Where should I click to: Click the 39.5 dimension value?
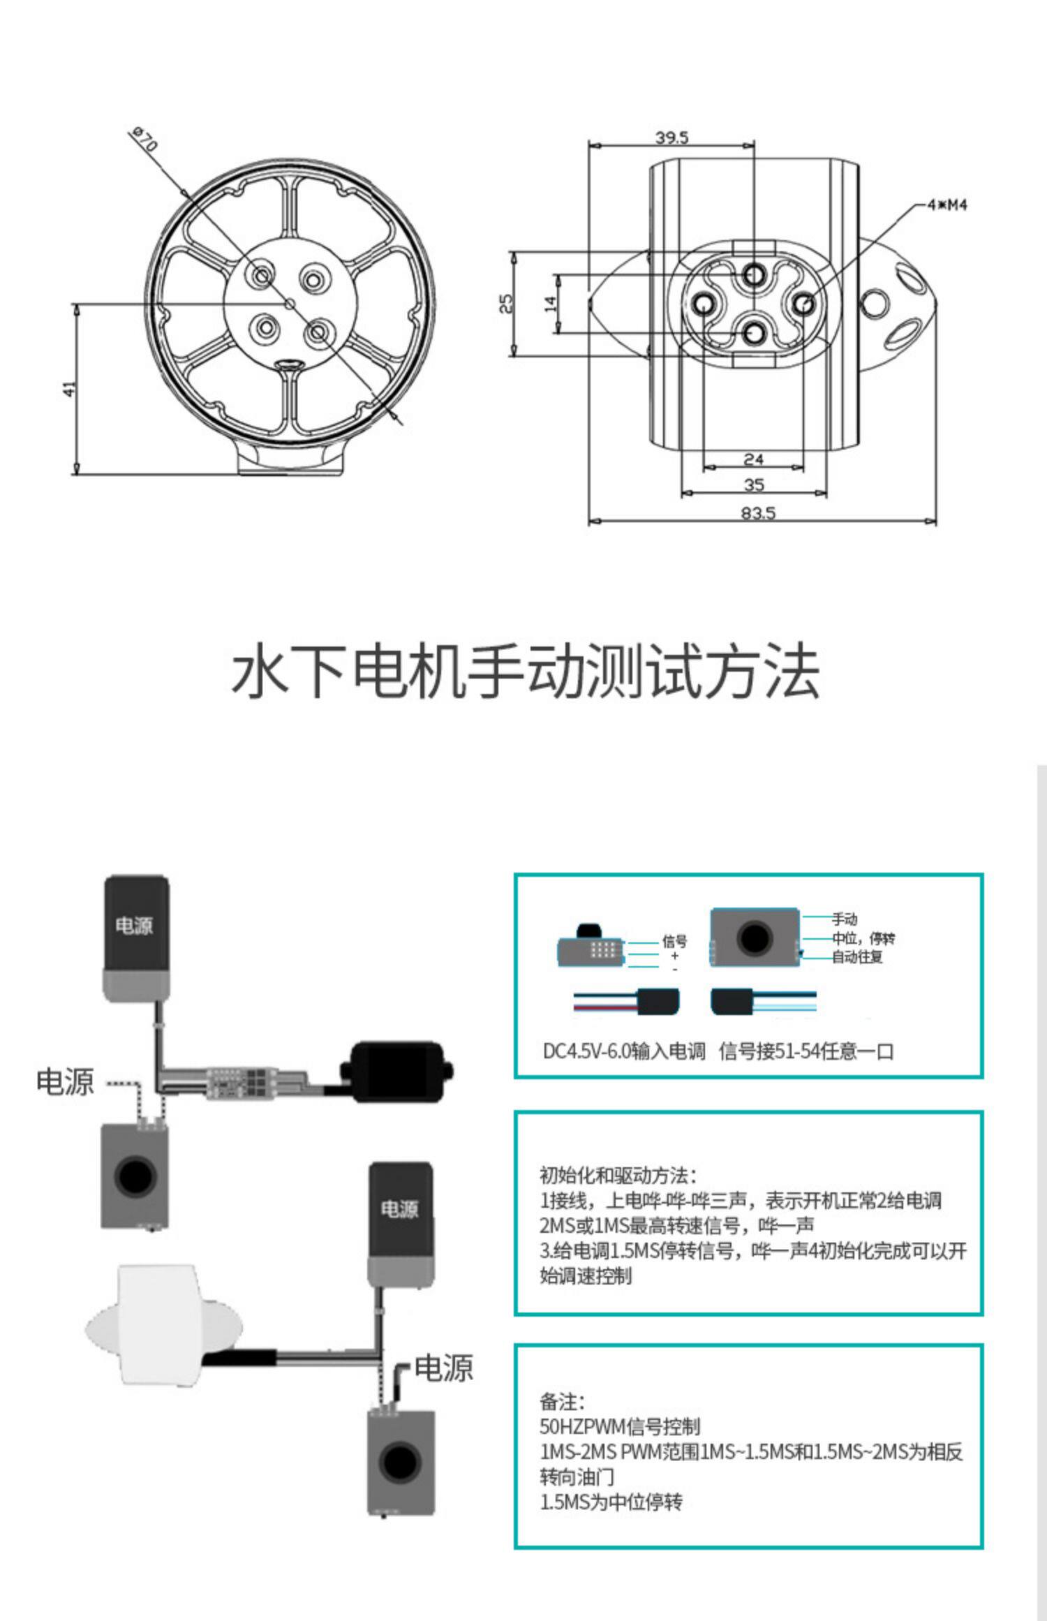click(x=672, y=137)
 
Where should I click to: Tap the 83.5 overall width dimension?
click(x=758, y=513)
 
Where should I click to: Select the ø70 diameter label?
click(x=145, y=139)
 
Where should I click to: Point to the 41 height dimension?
click(x=69, y=389)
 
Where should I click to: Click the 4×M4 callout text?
click(x=946, y=205)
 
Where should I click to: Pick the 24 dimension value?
click(x=754, y=459)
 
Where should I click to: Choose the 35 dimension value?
click(x=754, y=484)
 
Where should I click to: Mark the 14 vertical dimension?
click(x=551, y=304)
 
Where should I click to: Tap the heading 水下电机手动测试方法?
click(x=524, y=672)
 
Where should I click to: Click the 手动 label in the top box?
click(x=845, y=919)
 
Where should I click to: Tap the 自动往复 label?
click(x=857, y=957)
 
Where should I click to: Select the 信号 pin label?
click(x=674, y=941)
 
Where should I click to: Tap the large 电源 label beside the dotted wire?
click(x=65, y=1081)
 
